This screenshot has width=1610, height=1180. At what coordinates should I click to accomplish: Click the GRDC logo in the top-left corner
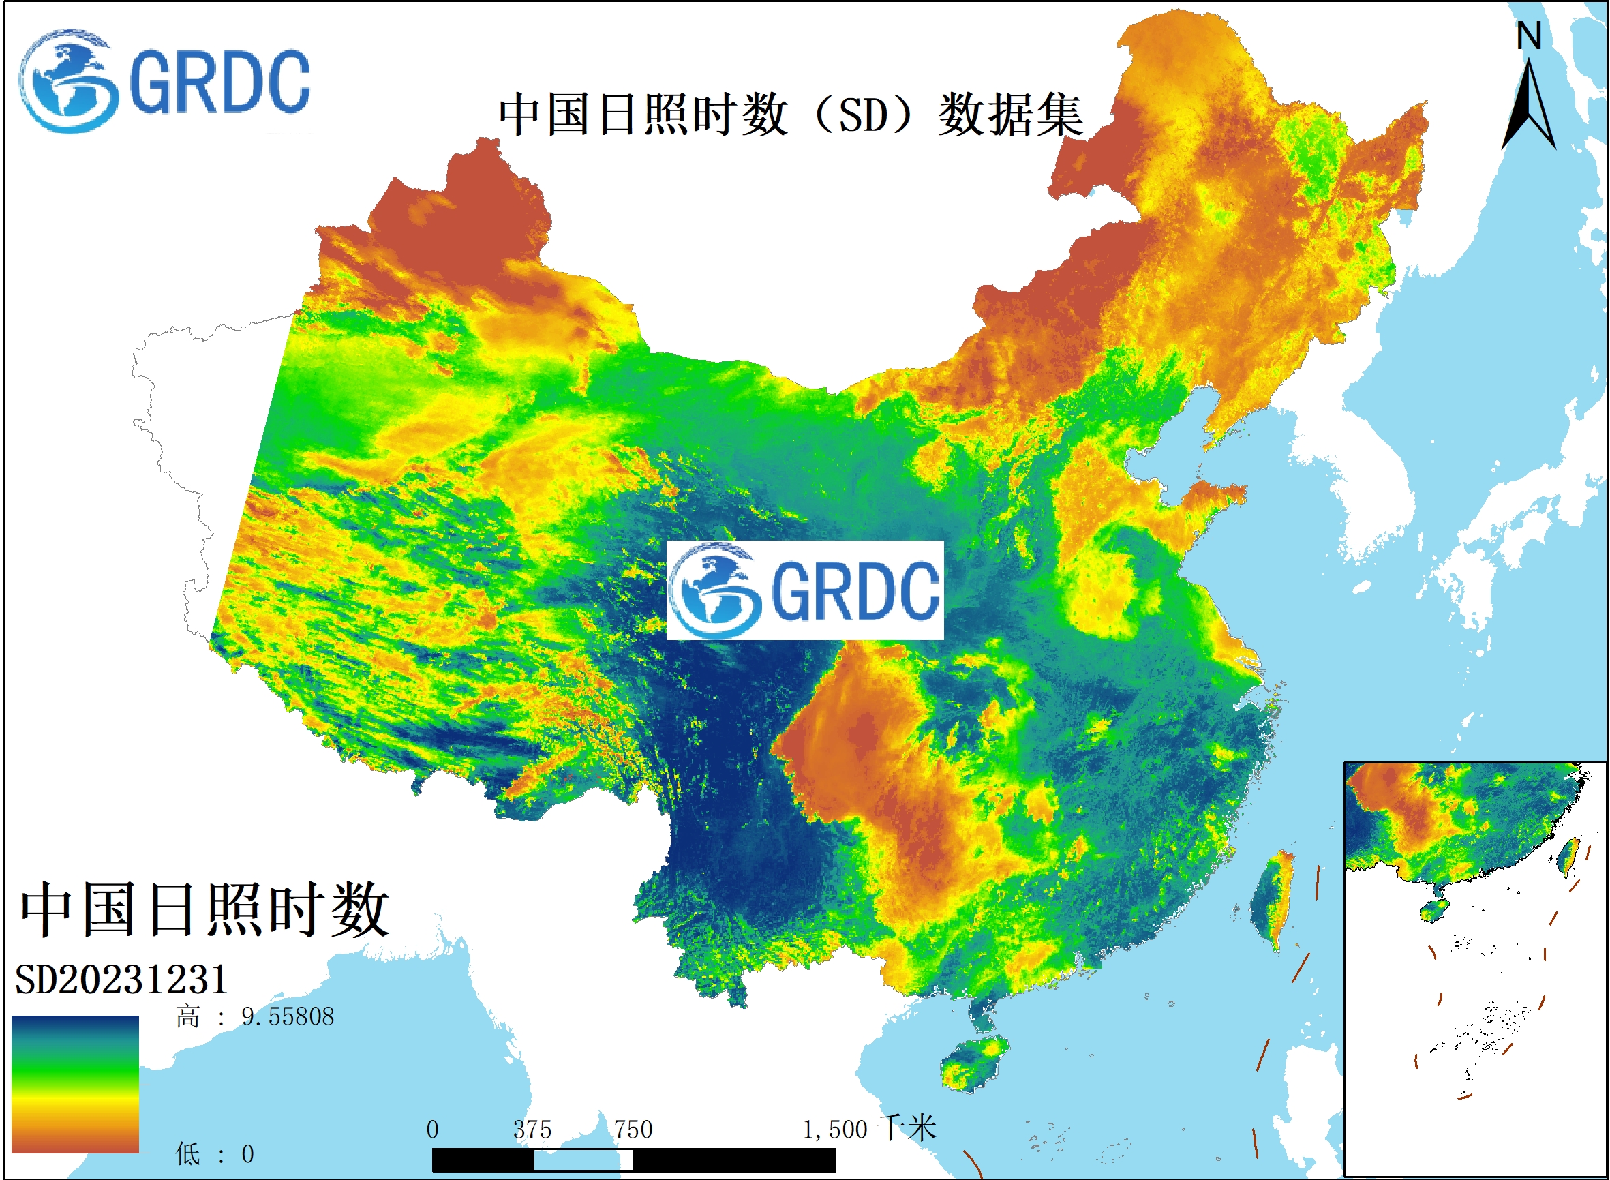pos(164,81)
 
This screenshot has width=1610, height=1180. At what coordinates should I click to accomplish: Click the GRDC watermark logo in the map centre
pos(804,590)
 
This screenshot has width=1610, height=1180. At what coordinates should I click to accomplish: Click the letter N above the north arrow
pos(1529,35)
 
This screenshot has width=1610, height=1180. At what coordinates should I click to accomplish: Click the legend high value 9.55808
pos(287,1016)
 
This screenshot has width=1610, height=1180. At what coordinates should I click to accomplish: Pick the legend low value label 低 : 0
pos(215,1153)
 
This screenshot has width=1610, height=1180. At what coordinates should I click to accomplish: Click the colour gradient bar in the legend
pos(75,1085)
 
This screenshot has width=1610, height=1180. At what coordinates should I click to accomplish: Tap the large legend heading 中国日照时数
pos(204,910)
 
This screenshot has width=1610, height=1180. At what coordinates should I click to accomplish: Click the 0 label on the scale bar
pos(432,1130)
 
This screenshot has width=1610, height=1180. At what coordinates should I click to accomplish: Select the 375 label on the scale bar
pos(532,1130)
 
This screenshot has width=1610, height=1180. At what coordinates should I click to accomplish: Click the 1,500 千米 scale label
pos(868,1129)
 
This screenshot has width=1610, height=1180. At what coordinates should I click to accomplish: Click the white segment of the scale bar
pos(583,1160)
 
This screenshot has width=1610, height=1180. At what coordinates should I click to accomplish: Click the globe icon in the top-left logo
pos(68,81)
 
